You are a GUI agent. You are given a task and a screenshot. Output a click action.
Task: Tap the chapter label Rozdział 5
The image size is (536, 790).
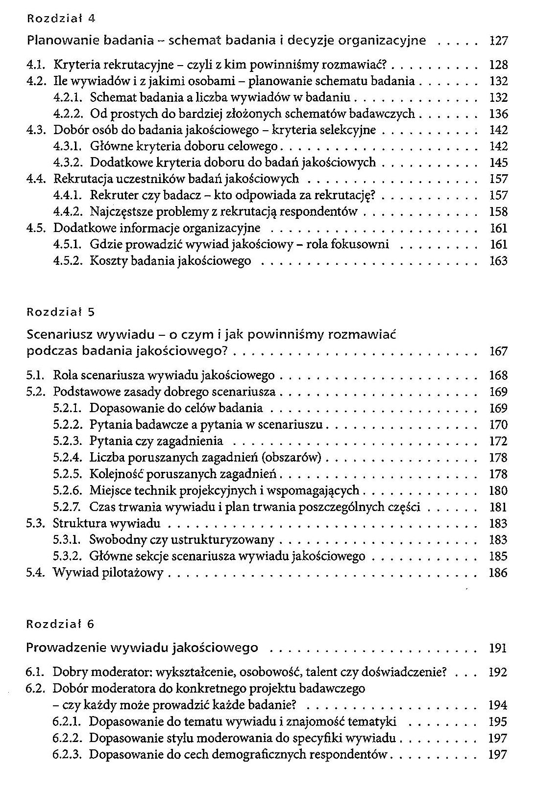pyautogui.click(x=60, y=311)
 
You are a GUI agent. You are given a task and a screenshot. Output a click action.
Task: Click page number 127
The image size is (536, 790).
pyautogui.click(x=498, y=41)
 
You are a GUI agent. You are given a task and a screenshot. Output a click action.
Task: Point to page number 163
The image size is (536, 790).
pyautogui.click(x=498, y=261)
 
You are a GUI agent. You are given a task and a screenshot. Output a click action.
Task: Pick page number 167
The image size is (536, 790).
pyautogui.click(x=498, y=351)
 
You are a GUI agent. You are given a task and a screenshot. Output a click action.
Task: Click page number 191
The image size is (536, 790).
pyautogui.click(x=498, y=649)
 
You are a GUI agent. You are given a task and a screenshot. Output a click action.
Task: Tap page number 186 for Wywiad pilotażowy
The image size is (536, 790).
pyautogui.click(x=498, y=573)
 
